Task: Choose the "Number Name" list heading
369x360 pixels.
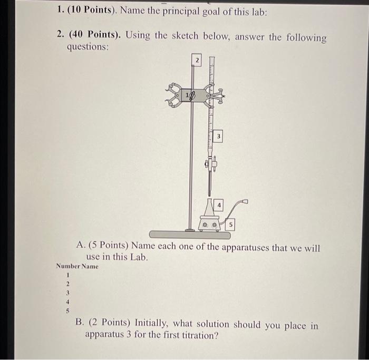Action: click(77, 266)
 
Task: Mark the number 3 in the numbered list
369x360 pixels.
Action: click(67, 293)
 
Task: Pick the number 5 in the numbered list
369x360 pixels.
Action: click(67, 310)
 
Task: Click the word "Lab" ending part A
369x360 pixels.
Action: click(139, 257)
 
